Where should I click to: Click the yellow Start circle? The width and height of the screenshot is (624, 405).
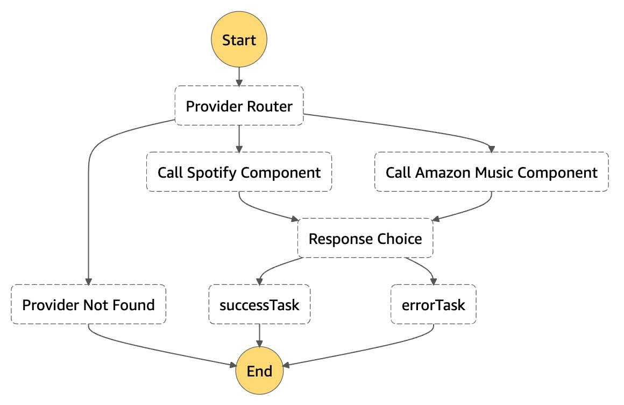[x=239, y=39]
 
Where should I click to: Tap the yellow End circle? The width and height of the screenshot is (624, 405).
[x=259, y=371]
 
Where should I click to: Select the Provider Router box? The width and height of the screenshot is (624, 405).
[x=239, y=106]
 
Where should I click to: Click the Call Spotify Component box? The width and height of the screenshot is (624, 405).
[x=239, y=172]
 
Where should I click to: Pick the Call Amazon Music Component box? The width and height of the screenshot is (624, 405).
[x=492, y=172]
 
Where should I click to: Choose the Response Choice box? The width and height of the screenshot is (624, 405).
[x=365, y=238]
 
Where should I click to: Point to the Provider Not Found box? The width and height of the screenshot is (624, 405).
[x=88, y=304]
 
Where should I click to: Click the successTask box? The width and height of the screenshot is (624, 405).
[x=259, y=304]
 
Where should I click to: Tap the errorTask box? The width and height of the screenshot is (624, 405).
[x=434, y=304]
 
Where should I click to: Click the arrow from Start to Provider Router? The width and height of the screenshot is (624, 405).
[x=239, y=76]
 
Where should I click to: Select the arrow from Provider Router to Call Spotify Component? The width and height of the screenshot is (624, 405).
[x=239, y=139]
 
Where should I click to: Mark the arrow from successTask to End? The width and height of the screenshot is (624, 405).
[x=259, y=335]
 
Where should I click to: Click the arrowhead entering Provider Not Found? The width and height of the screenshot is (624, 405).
[x=88, y=282]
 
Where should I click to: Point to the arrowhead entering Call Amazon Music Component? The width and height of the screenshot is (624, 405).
[x=492, y=149]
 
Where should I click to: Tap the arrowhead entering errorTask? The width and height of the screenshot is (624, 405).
[x=434, y=282]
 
